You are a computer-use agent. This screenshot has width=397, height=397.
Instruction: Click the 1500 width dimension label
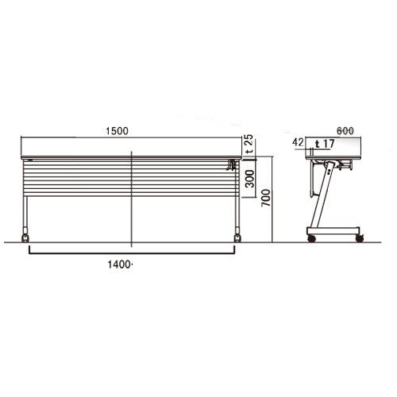coord(117,131)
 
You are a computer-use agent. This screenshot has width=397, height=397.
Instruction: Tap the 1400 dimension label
coord(119,264)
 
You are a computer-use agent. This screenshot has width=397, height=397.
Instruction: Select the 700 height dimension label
coord(266,198)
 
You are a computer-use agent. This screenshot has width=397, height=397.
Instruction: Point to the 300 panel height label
coord(249,179)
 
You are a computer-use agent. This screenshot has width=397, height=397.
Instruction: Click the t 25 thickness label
coord(249,145)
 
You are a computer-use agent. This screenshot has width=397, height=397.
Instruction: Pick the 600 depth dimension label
coord(345,131)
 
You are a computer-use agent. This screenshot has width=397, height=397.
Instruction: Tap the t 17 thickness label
coord(325,144)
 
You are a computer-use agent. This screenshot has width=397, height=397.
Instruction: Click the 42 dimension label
coord(298,142)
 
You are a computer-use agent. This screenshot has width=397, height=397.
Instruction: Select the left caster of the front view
coord(25,237)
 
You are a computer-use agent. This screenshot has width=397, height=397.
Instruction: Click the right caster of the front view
coord(237,237)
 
